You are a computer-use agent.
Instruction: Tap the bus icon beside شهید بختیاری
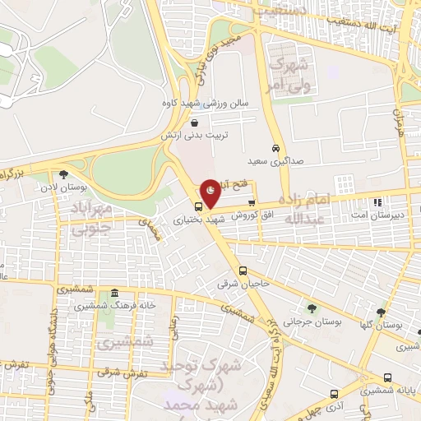(x=199, y=206)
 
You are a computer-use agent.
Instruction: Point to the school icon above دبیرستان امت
(x=377, y=202)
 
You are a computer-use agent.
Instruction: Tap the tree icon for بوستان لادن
(x=63, y=173)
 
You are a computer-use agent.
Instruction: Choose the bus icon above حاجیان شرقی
(x=242, y=271)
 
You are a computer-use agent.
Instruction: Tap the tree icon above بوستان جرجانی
(x=312, y=308)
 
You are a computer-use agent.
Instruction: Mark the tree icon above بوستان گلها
(x=380, y=313)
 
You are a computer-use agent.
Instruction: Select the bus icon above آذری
(x=332, y=394)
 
